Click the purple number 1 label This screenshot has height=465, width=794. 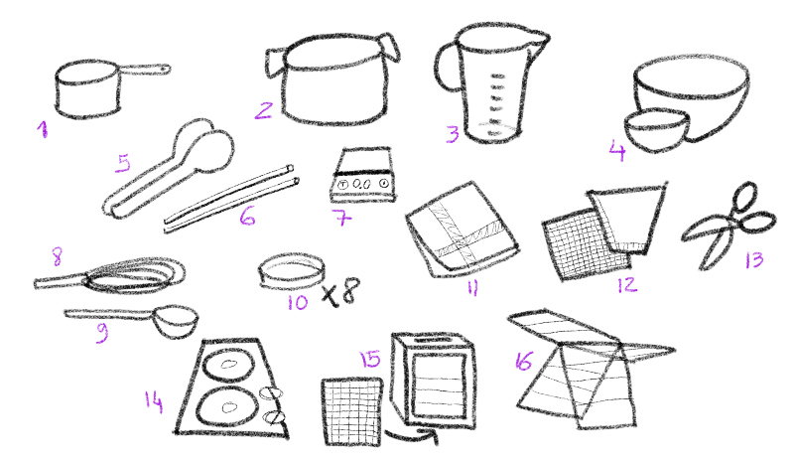[43, 129]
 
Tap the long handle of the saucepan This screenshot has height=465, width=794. [143, 70]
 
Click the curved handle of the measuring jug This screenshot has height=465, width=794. [446, 66]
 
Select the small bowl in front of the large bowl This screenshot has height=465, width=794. [656, 129]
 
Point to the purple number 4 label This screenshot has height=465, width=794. [617, 151]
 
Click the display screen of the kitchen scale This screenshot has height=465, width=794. [362, 184]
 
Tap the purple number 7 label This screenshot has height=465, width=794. [341, 218]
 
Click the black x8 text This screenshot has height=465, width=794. [340, 292]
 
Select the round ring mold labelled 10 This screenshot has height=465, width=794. [291, 271]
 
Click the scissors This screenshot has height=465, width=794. [729, 225]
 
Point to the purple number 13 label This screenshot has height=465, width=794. [754, 260]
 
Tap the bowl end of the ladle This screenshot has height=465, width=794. [176, 321]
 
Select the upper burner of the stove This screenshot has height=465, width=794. [229, 365]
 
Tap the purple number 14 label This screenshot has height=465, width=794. [154, 401]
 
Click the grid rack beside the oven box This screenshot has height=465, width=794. [352, 411]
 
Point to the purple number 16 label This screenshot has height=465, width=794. [524, 361]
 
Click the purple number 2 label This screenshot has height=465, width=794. [263, 110]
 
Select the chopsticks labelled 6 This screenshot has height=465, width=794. [230, 199]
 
